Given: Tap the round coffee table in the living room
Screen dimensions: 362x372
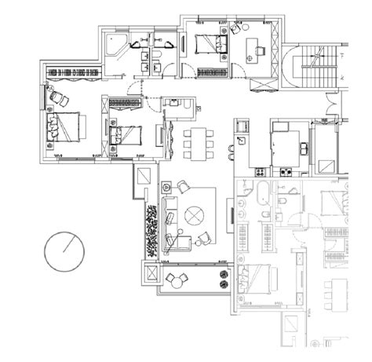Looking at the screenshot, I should [195, 214].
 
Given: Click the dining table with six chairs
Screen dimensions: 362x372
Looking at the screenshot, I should [198, 143].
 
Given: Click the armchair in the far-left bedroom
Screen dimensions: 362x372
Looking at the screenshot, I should [59, 96].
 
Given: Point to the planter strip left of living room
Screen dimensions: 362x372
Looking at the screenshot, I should [150, 229].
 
